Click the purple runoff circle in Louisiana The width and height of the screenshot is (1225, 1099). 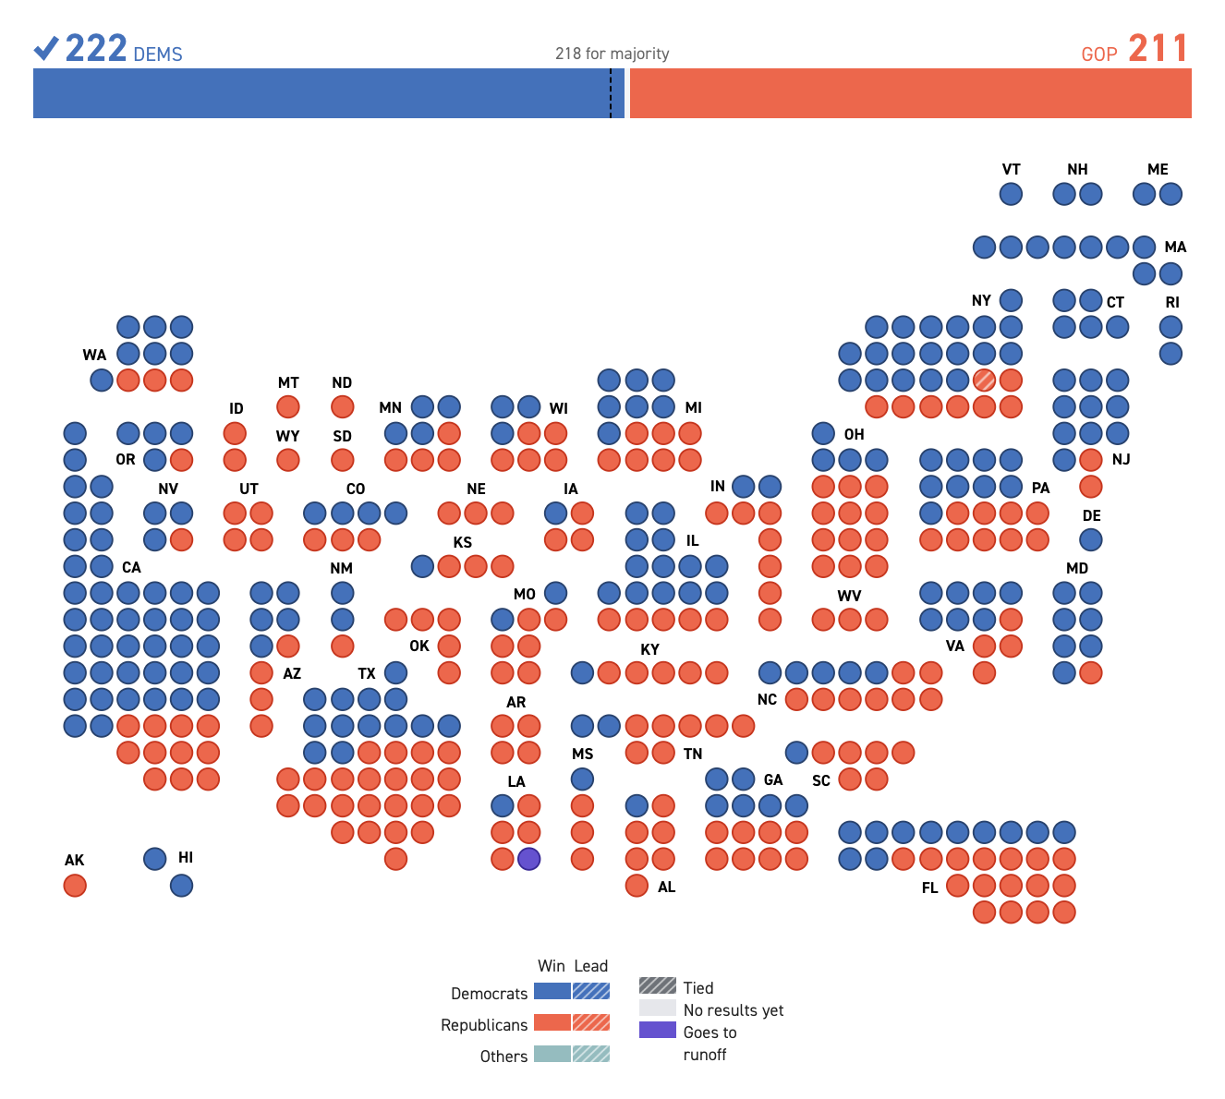click(528, 859)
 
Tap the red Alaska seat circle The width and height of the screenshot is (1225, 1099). click(75, 886)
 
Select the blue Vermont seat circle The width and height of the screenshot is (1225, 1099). click(1011, 194)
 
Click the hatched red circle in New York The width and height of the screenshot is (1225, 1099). click(984, 380)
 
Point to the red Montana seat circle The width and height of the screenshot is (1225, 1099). click(288, 406)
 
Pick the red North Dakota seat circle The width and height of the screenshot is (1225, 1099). click(342, 406)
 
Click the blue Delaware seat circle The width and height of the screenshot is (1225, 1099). click(1091, 539)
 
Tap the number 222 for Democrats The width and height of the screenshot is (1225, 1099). click(96, 49)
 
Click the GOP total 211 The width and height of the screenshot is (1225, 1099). click(1158, 49)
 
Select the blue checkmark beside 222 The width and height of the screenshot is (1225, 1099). click(46, 48)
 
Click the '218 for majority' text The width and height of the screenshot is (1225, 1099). click(612, 54)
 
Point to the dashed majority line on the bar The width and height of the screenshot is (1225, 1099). click(611, 93)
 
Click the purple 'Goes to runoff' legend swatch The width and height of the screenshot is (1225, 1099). click(657, 1030)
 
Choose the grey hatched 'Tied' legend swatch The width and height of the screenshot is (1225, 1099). click(657, 985)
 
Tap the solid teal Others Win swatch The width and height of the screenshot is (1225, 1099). click(552, 1054)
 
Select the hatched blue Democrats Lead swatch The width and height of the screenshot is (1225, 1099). click(591, 991)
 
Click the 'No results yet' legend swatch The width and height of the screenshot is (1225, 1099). click(657, 1008)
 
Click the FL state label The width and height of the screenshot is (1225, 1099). click(929, 888)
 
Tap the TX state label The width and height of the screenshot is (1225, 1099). click(367, 673)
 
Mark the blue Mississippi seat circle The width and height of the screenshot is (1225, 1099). click(582, 779)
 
